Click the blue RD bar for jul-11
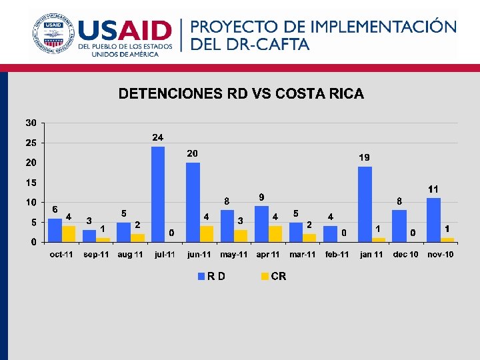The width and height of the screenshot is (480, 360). click(x=158, y=194)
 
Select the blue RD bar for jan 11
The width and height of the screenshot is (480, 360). click(x=365, y=204)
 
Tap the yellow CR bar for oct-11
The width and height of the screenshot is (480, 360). click(x=69, y=234)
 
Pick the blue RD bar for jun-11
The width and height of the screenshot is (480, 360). click(x=193, y=202)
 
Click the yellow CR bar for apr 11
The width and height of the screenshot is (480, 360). click(x=275, y=234)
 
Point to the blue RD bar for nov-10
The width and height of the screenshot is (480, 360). click(x=433, y=220)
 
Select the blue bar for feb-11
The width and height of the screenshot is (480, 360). click(x=330, y=234)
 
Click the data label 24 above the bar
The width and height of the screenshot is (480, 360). click(x=158, y=137)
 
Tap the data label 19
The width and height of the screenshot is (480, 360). click(x=365, y=157)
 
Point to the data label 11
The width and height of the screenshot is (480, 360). click(x=433, y=189)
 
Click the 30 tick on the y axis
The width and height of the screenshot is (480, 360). click(x=31, y=123)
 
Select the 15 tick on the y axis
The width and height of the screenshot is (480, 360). click(x=31, y=183)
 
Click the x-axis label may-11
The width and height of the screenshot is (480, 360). click(x=234, y=255)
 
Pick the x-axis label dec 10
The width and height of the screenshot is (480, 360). click(x=406, y=255)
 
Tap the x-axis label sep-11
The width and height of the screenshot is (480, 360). click(x=96, y=255)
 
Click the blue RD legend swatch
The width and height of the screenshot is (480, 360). click(x=201, y=276)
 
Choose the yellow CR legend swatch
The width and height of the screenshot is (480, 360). click(x=265, y=276)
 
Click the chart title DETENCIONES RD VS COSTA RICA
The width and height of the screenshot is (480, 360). click(x=241, y=94)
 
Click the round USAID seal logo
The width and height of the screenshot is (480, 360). click(x=52, y=33)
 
